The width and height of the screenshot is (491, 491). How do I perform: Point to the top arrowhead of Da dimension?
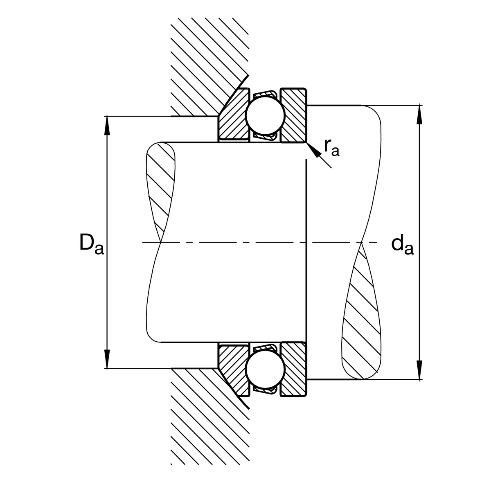pos(107,125)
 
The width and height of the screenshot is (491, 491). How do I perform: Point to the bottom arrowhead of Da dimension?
pos(107,360)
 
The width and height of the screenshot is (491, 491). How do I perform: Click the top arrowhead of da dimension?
pos(419,114)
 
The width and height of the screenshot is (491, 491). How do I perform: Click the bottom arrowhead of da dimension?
pos(419,370)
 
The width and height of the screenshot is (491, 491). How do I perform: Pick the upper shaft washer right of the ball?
pos(294,115)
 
